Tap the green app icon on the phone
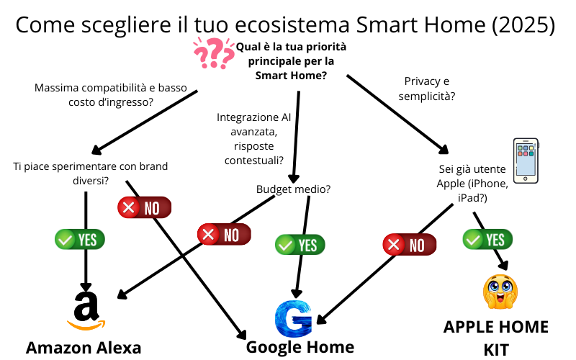pyautogui.click(x=520, y=148)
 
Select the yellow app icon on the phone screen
pyautogui.click(x=531, y=148)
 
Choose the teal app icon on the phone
pyautogui.click(x=531, y=154)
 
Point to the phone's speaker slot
pyautogui.click(x=526, y=141)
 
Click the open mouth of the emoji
pyautogui.click(x=500, y=297)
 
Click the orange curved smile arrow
pyautogui.click(x=86, y=325)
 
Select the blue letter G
pyautogui.click(x=293, y=319)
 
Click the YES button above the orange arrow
pyautogui.click(x=79, y=239)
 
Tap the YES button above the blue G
pyautogui.click(x=300, y=245)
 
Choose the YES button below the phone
pyautogui.click(x=487, y=239)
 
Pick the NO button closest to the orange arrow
pyautogui.click(x=145, y=207)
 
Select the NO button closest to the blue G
pyautogui.click(x=224, y=234)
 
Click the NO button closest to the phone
pyautogui.click(x=410, y=244)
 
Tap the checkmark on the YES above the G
pyautogui.click(x=285, y=245)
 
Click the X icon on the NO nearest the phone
pyautogui.click(x=393, y=244)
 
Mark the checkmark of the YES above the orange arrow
pyautogui.click(x=65, y=239)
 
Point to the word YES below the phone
pyautogui.click(x=495, y=240)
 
